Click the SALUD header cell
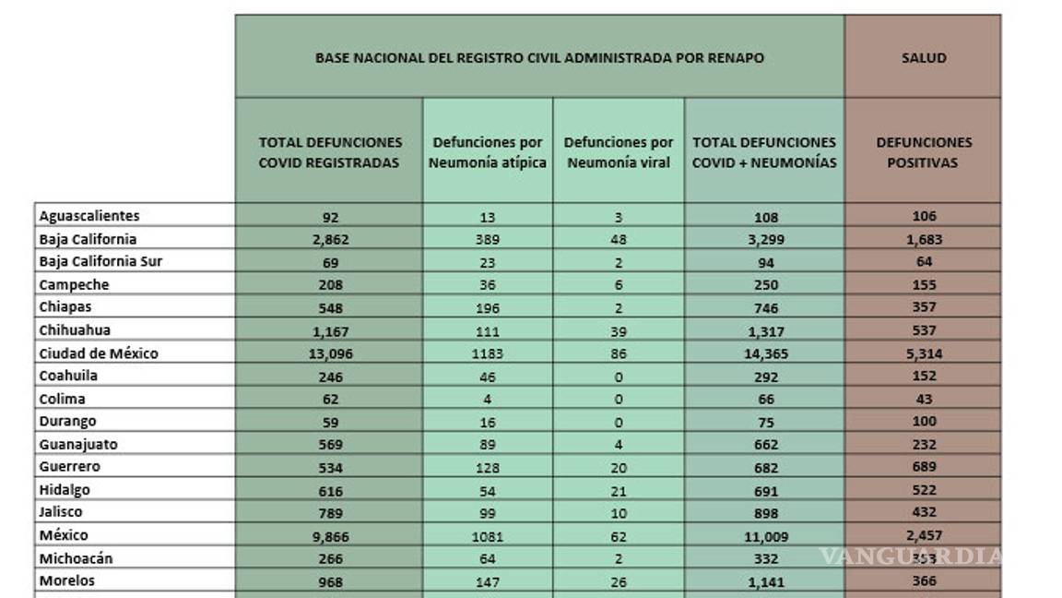(923, 58)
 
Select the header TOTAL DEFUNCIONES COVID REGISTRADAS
(330, 153)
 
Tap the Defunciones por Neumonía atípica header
(488, 153)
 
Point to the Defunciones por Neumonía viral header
(619, 153)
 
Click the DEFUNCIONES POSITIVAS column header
(923, 153)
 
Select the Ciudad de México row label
(99, 353)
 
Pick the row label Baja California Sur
(100, 261)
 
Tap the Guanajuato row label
(78, 444)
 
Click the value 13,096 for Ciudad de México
(330, 354)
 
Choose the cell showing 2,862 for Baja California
(330, 240)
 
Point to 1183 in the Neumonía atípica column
(488, 354)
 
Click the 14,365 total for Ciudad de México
(764, 354)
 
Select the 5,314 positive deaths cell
(923, 353)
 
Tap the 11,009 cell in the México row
(764, 536)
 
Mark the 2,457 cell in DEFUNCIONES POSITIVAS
(923, 535)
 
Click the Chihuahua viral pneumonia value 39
(619, 331)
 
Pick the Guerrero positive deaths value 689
(923, 467)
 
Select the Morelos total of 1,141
(764, 582)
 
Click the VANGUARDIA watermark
(911, 556)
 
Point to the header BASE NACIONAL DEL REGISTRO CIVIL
(539, 58)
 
